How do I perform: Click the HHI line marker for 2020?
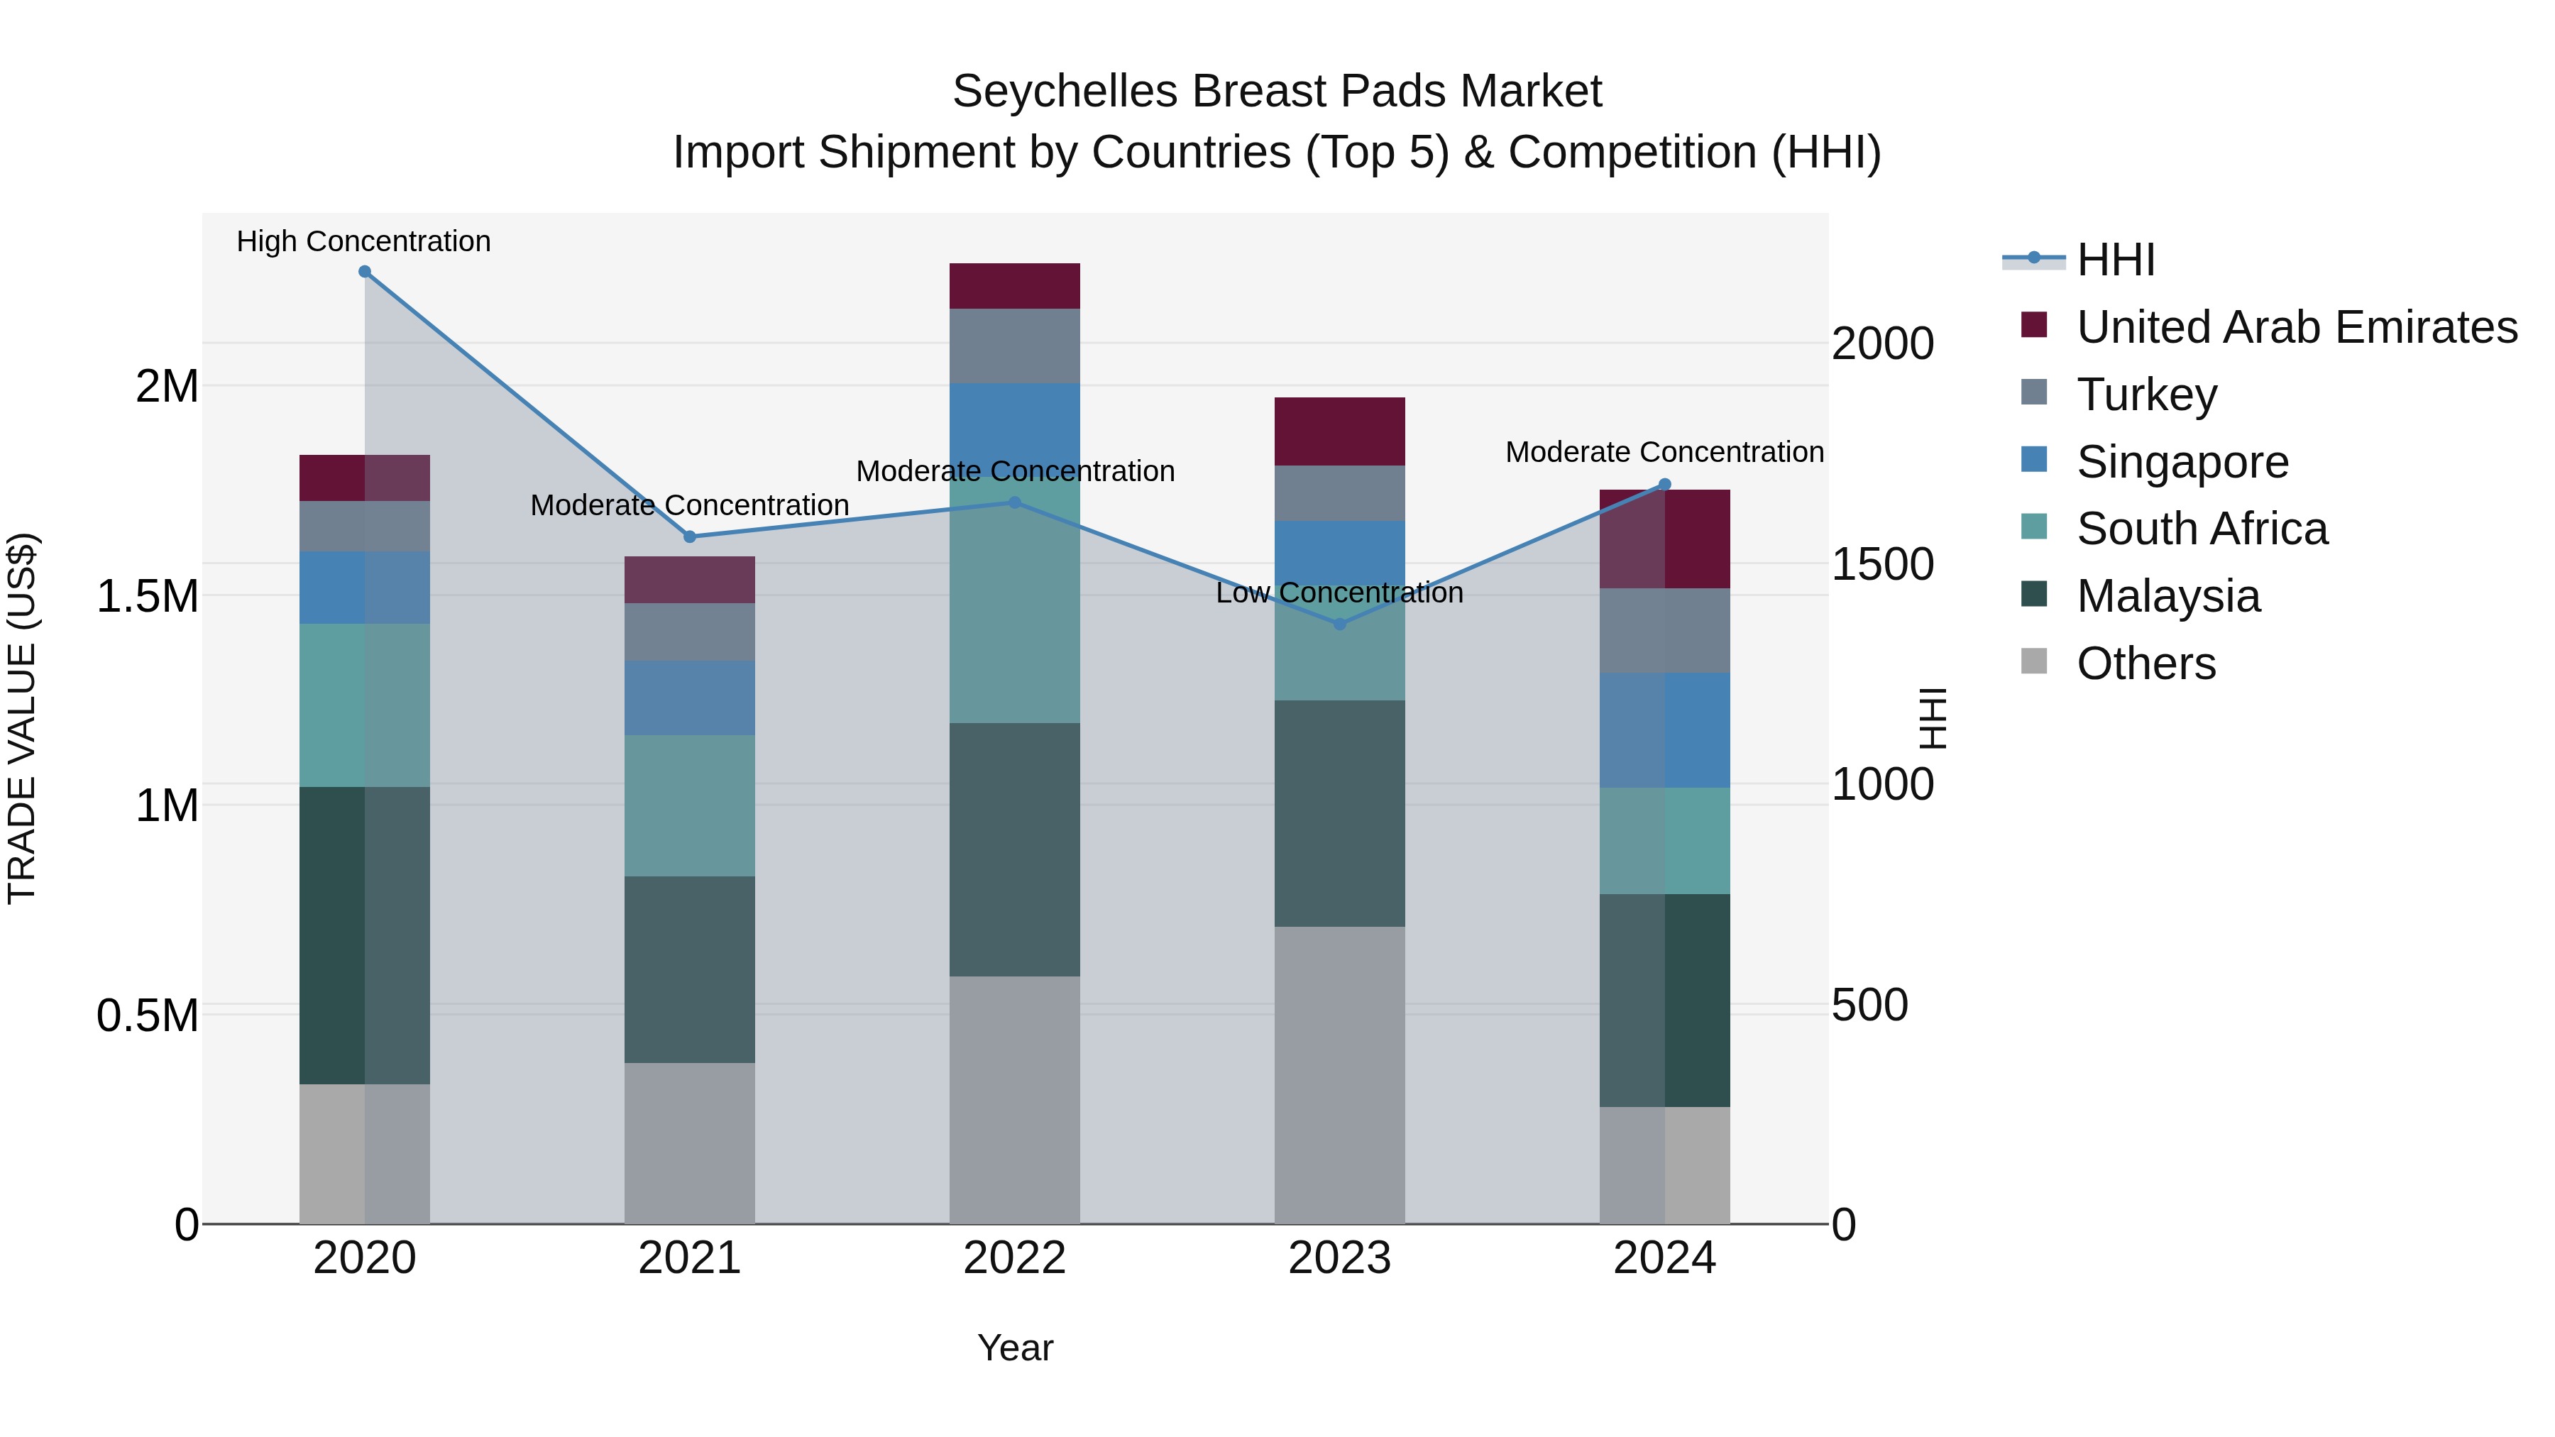pos(364,272)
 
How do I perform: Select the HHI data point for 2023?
pos(1339,624)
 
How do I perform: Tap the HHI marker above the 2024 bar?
pos(1664,485)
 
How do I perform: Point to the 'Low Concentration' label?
pos(1339,593)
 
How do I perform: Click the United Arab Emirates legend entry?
pos(2296,327)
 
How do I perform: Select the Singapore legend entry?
pos(2182,462)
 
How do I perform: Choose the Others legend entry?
pos(2145,664)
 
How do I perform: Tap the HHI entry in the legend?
pos(2115,260)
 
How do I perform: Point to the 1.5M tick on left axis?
pos(147,596)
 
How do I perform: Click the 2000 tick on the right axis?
pos(1881,344)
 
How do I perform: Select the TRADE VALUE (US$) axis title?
pos(22,718)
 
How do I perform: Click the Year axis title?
pos(1015,1348)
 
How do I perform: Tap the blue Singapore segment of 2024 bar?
pos(1664,730)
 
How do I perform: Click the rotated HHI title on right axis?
pos(1932,718)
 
